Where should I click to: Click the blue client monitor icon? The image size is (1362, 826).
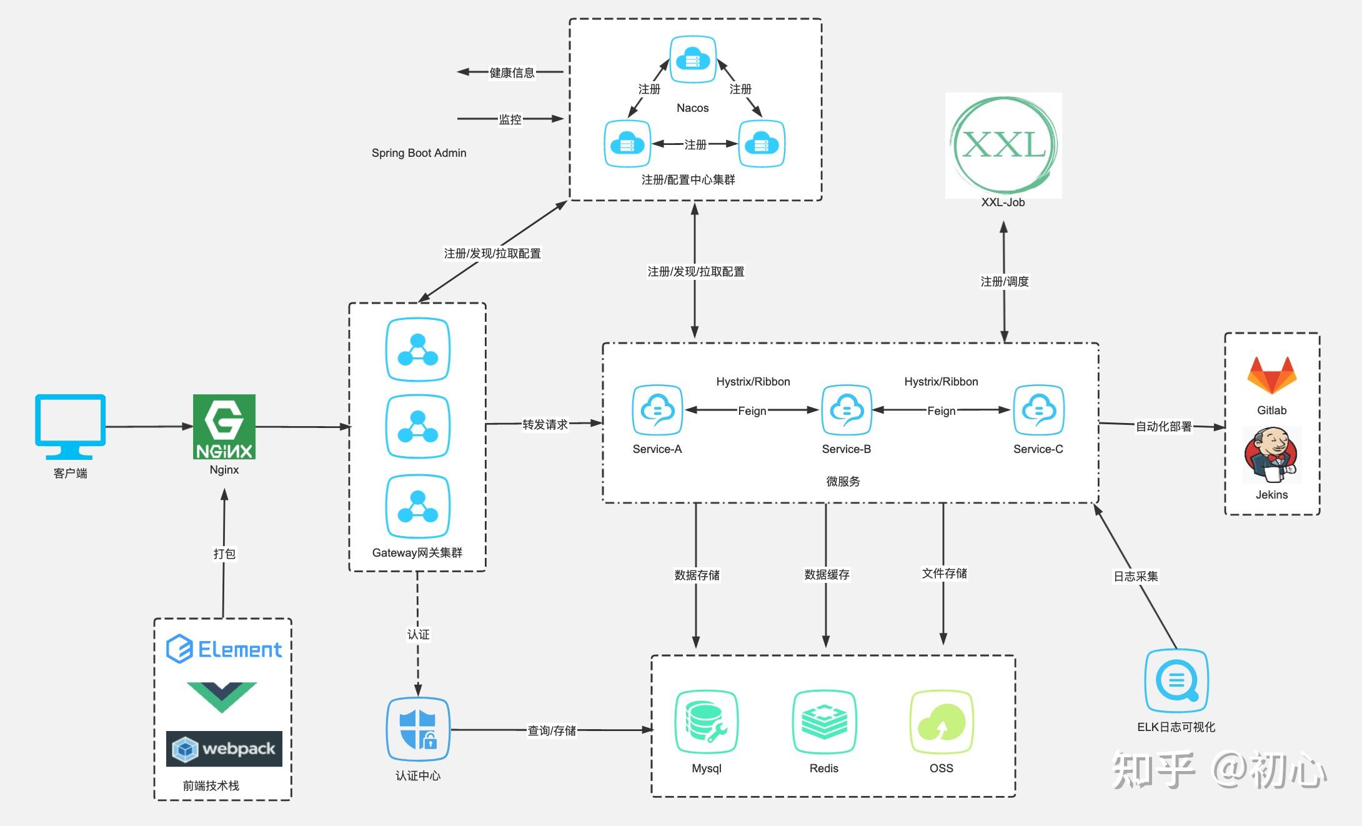point(70,425)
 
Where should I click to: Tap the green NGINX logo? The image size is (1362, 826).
point(224,426)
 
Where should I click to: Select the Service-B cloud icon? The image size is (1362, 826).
point(847,410)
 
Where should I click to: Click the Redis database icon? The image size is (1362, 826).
point(824,722)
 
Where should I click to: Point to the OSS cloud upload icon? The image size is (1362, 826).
point(942,722)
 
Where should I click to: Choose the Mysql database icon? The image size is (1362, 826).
point(706,722)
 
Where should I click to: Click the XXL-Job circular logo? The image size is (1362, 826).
point(1003,145)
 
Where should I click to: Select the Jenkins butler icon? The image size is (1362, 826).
point(1271,455)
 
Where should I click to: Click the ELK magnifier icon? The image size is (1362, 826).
point(1176,681)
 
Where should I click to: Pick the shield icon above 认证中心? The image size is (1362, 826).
point(418,729)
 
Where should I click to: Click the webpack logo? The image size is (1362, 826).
point(224,749)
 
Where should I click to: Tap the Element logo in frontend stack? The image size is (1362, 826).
point(224,649)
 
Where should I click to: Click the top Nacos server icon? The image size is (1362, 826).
point(693,59)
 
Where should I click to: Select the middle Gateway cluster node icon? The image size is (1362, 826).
point(417,426)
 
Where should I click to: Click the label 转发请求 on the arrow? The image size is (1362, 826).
point(545,424)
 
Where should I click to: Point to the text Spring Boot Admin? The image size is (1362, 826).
point(419,153)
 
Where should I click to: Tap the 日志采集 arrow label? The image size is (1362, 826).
point(1135,576)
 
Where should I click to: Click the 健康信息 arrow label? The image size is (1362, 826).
point(512,72)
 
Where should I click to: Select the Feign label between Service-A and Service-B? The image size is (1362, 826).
point(752,411)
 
